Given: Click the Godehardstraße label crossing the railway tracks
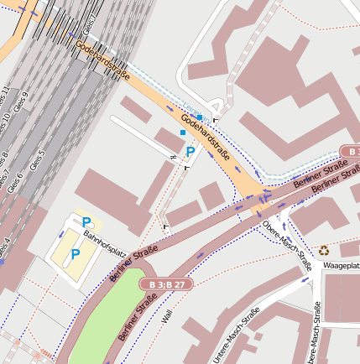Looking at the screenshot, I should [x=102, y=60].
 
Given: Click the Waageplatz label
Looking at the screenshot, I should [x=342, y=266].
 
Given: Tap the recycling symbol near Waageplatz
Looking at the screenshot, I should [x=323, y=250].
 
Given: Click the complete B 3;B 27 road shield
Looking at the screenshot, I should [x=167, y=285].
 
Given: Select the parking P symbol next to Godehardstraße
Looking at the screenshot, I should [x=190, y=152].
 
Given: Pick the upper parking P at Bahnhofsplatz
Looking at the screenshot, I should [x=86, y=222].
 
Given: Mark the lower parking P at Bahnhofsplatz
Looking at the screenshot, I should [x=75, y=253].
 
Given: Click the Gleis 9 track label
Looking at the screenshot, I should [x=23, y=101].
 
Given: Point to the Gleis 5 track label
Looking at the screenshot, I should [x=37, y=160].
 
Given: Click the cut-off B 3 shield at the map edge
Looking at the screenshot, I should [x=351, y=152].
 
